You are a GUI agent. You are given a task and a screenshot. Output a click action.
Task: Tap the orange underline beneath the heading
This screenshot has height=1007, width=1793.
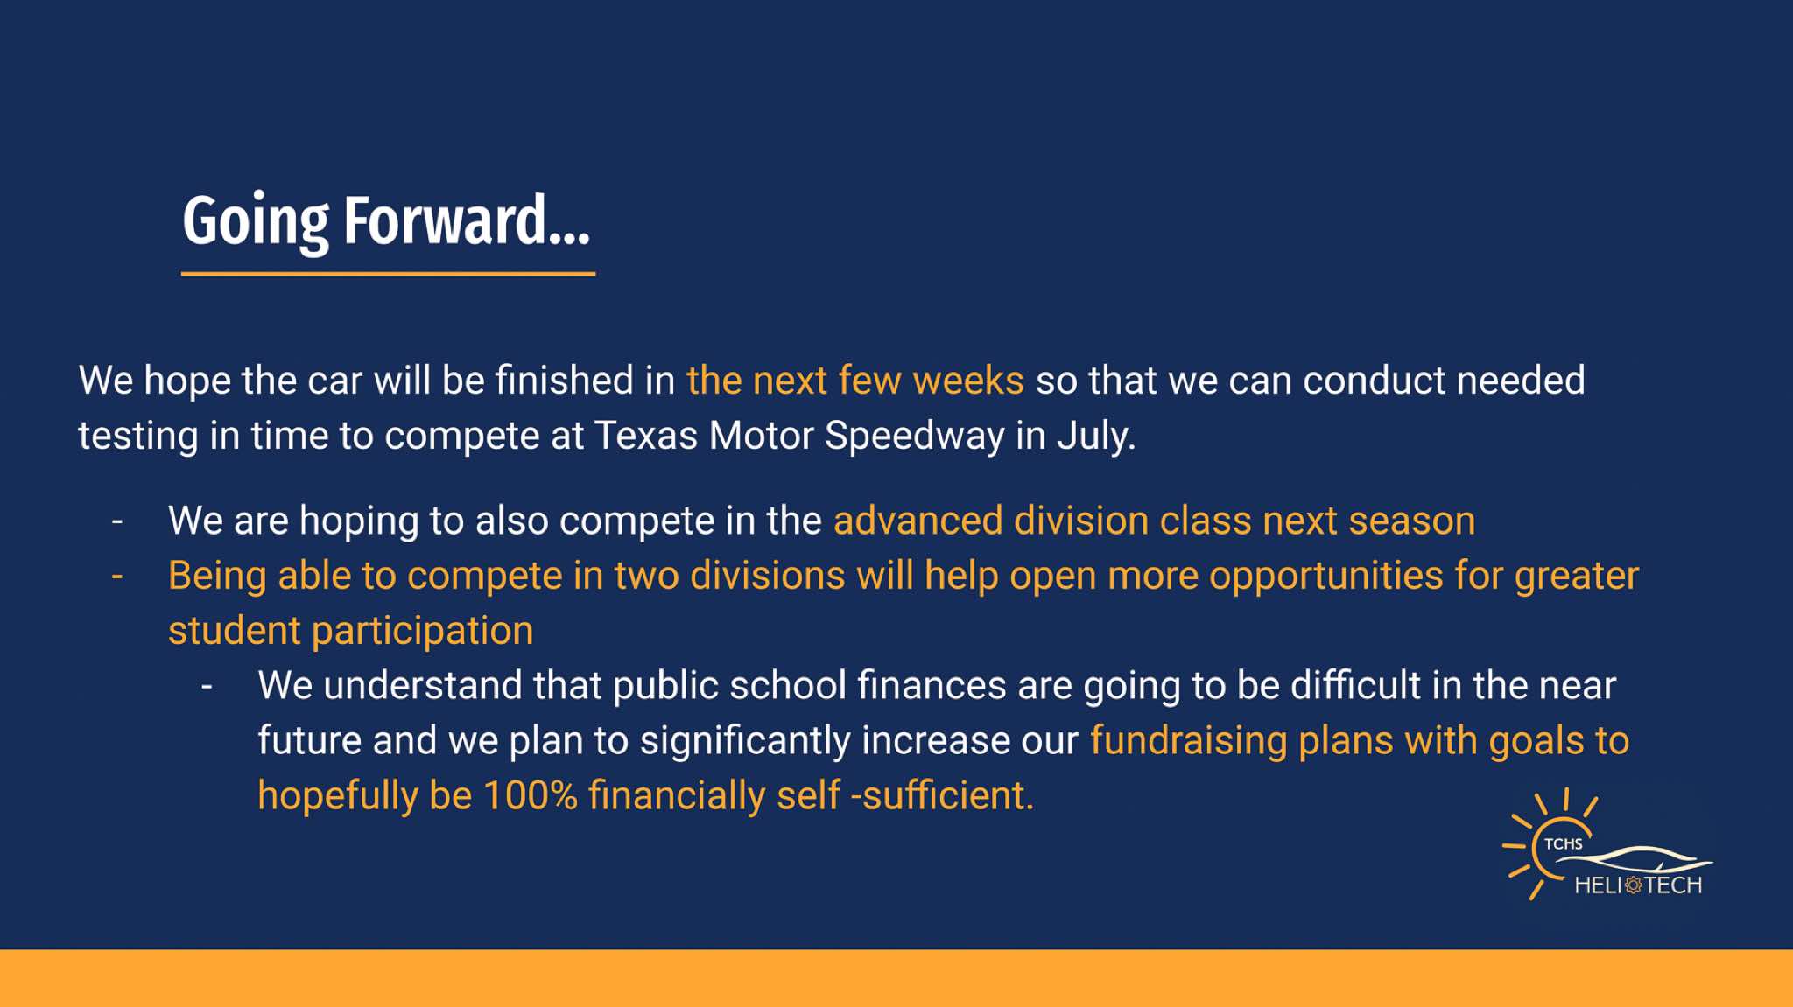388,274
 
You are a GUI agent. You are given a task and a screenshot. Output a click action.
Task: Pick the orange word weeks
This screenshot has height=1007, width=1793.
968,381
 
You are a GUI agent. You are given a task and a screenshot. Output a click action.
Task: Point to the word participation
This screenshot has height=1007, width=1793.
423,632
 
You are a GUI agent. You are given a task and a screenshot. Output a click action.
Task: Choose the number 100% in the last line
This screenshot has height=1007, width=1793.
531,795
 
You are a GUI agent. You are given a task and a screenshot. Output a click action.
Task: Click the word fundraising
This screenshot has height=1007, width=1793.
1188,741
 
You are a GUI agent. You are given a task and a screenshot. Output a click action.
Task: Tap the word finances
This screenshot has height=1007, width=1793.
932,685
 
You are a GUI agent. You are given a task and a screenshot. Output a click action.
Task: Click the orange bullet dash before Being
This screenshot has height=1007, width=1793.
117,577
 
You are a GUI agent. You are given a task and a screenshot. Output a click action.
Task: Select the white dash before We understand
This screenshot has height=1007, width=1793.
207,687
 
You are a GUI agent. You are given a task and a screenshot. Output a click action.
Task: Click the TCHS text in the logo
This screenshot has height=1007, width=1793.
1563,843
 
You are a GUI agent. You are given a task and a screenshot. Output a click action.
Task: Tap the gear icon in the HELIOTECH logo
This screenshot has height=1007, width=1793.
1634,885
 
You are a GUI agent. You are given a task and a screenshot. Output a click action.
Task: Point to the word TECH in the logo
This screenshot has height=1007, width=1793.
1673,885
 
